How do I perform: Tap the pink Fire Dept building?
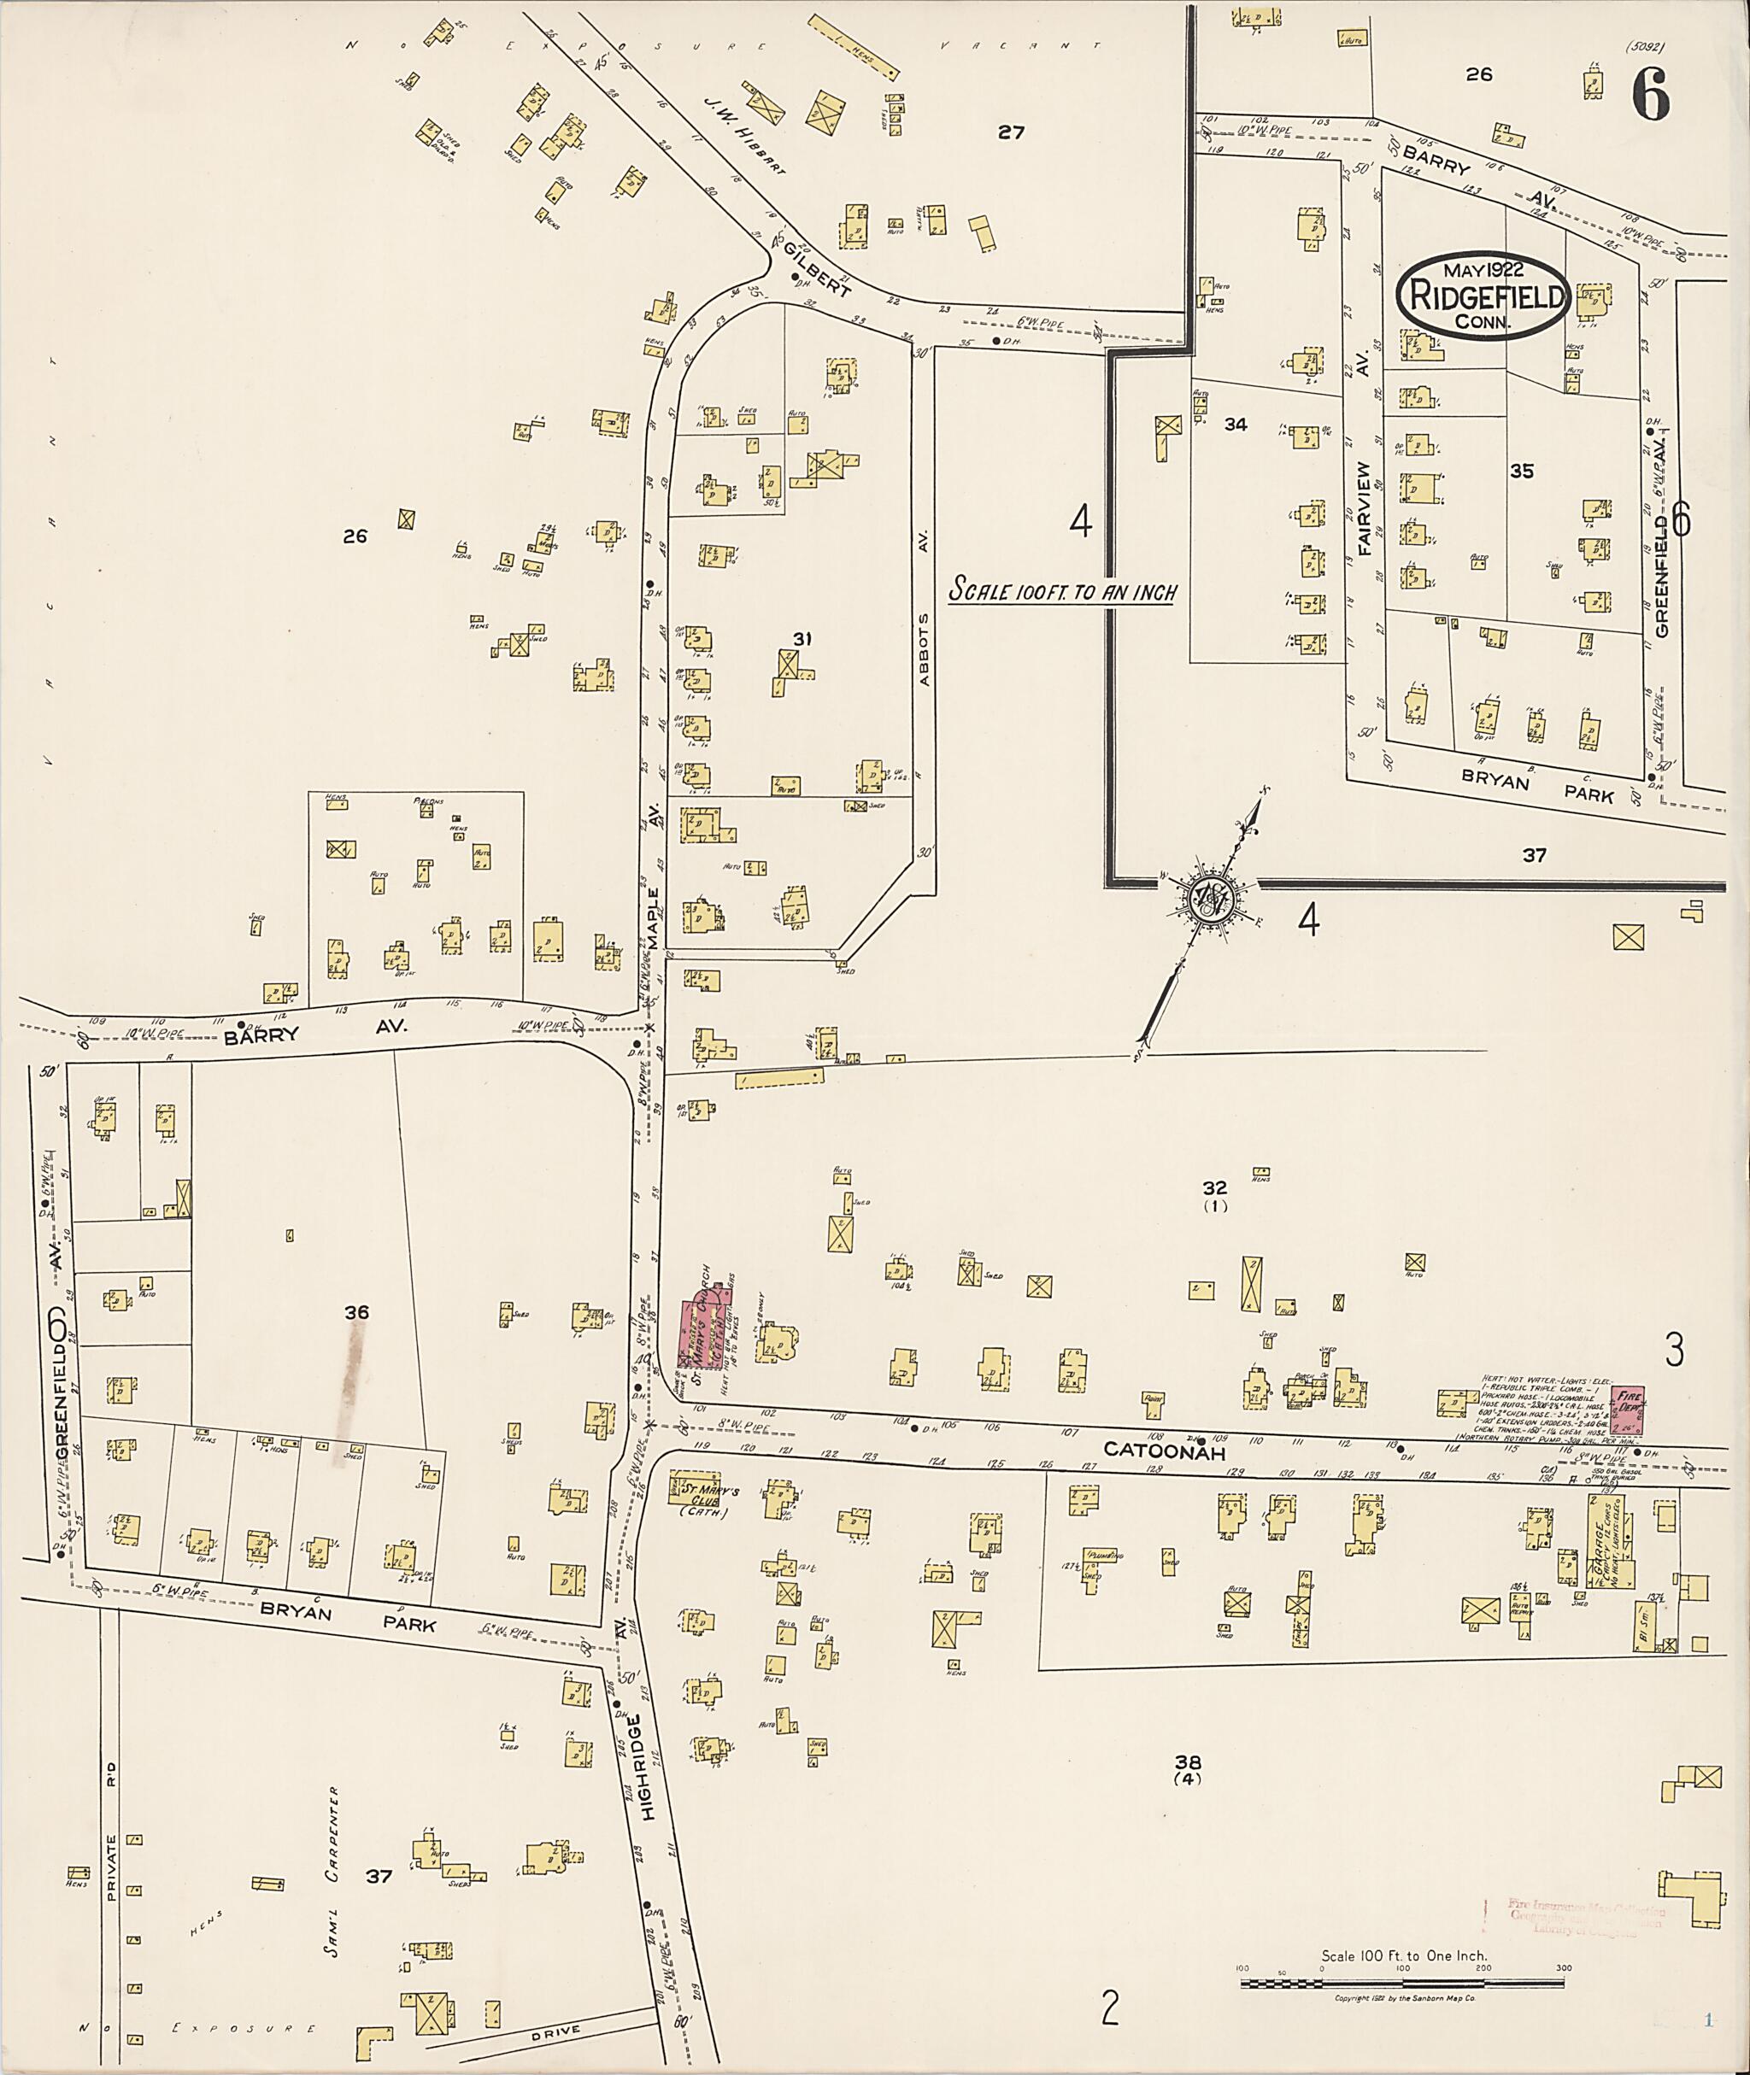(1629, 1410)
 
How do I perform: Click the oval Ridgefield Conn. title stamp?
(1483, 295)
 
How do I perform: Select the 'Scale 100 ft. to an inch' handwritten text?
(1062, 591)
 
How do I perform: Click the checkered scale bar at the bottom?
(1401, 1984)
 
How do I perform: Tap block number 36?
(356, 1312)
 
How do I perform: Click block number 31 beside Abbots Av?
(802, 639)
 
